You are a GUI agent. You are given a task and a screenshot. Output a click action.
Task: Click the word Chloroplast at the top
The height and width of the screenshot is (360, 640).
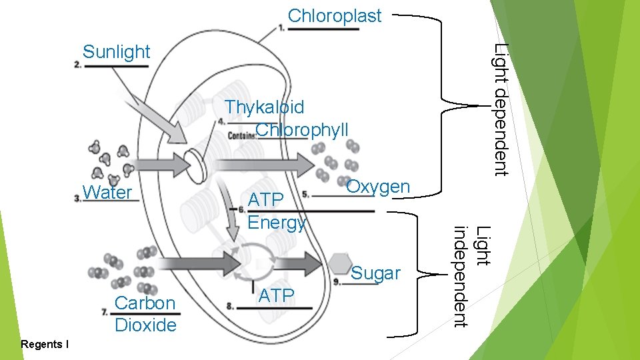[335, 16]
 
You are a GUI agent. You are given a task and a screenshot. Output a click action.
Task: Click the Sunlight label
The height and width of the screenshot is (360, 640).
[117, 52]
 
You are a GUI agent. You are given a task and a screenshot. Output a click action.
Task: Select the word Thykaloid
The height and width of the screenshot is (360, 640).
[265, 107]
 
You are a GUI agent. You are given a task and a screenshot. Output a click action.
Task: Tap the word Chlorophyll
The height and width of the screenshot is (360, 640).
[302, 129]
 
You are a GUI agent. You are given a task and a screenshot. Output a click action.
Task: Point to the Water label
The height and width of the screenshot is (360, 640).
[107, 193]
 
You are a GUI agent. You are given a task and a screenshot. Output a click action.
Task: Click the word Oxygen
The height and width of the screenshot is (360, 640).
[378, 187]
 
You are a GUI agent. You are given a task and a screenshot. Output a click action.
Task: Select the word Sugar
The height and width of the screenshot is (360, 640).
[375, 273]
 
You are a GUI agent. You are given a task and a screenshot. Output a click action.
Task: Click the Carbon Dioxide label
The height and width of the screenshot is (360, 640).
[145, 314]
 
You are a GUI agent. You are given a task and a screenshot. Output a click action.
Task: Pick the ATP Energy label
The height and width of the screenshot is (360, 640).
[276, 211]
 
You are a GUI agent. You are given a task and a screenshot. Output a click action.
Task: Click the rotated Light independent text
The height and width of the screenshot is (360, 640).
[471, 277]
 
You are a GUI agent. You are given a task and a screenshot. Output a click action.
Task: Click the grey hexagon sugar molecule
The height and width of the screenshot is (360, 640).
[341, 263]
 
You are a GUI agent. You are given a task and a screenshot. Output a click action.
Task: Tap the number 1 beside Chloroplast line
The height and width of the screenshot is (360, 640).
[282, 27]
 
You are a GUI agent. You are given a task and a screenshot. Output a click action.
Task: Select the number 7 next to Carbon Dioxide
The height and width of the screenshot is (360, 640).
[105, 311]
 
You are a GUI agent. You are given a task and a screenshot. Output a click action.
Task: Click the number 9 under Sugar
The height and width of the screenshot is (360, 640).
[337, 282]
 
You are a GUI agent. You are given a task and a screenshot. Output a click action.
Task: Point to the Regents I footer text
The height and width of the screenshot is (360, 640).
[45, 345]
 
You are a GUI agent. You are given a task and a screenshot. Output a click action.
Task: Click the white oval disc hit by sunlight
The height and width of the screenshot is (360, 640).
[195, 163]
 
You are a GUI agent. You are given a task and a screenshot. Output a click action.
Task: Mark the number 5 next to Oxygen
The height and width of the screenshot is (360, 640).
[305, 195]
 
